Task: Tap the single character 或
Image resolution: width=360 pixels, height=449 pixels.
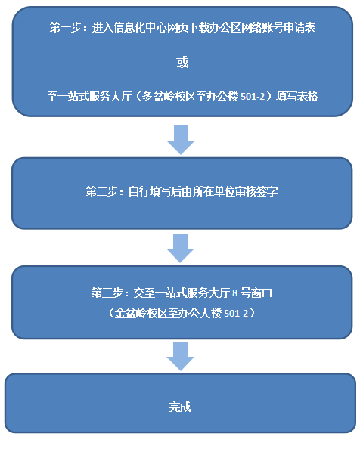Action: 182,62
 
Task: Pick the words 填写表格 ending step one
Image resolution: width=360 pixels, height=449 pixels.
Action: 297,97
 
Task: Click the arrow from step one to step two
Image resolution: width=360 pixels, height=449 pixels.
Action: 181,140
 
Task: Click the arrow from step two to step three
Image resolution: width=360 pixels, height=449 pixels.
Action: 181,248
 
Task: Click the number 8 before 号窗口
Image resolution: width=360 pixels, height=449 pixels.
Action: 235,293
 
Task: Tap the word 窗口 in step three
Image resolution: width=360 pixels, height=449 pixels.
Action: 261,293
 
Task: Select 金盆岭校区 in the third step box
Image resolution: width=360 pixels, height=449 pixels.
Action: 141,313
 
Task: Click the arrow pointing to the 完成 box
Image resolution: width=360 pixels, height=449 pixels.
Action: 181,356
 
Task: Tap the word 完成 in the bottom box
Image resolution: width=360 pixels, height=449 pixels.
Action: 180,407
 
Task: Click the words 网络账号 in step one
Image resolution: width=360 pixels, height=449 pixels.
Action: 262,28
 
